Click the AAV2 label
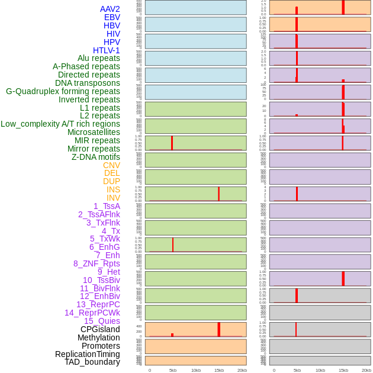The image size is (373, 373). (110, 9)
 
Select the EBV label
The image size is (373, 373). (112, 17)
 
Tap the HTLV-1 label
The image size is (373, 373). (106, 50)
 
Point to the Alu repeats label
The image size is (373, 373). (98, 58)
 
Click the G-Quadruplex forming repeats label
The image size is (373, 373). (63, 91)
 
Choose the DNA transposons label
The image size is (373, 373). (88, 83)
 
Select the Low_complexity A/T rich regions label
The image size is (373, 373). (60, 124)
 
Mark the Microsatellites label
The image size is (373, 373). (94, 132)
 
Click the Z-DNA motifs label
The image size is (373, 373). (95, 157)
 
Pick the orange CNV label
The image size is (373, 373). (111, 165)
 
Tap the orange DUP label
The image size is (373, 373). (111, 181)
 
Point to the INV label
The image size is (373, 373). (113, 198)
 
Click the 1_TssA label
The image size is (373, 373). (107, 206)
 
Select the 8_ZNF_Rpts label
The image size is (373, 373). (97, 263)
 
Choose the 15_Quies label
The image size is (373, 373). (102, 321)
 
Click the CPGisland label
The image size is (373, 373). (100, 329)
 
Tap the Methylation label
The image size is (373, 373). (98, 337)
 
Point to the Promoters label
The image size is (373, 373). (101, 346)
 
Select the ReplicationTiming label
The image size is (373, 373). (88, 354)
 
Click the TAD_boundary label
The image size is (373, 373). (92, 362)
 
